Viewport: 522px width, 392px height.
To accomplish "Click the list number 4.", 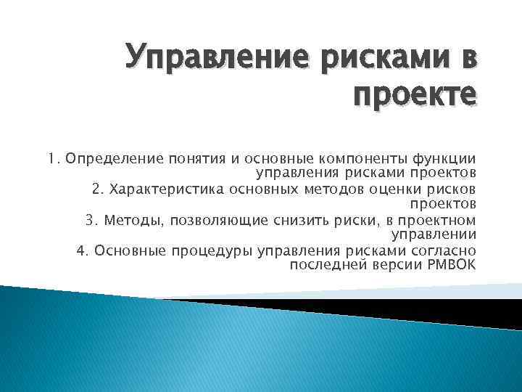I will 80,250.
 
